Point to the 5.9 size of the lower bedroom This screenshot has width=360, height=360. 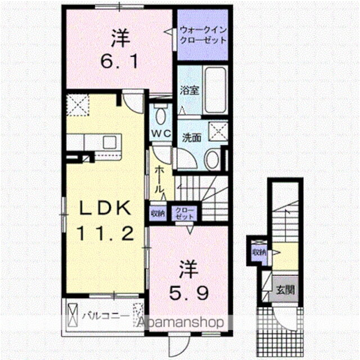click(x=190, y=292)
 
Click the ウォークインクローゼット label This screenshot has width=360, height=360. click(x=202, y=35)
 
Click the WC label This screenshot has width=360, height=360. click(x=162, y=134)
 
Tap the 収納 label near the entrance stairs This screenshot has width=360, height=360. click(x=259, y=252)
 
